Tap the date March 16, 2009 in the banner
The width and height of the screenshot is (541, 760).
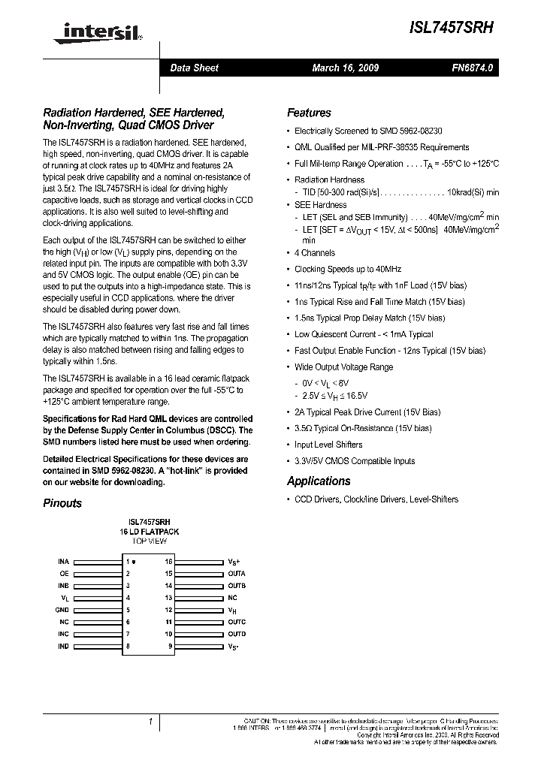pos(345,68)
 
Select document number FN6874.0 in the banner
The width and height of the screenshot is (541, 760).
pos(473,68)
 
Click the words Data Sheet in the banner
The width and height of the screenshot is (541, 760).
pos(194,68)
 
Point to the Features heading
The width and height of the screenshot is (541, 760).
pos(309,113)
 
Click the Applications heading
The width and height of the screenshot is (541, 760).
pos(319,481)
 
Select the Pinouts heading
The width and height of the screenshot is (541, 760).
pos(62,503)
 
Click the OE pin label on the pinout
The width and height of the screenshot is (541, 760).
pos(65,574)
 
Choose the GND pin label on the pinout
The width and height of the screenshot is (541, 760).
pos(63,610)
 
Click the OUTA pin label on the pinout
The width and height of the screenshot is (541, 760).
pos(237,574)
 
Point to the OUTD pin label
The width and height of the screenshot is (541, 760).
pos(237,634)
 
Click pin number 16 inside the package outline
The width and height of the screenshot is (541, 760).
pos(169,562)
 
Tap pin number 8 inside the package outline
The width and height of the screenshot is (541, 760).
pos(128,646)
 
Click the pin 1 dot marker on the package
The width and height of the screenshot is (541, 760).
pos(134,562)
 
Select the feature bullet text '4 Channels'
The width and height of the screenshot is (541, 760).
pos(315,253)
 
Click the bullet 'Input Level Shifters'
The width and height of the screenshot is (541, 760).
pos(328,445)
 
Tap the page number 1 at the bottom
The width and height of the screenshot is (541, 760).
pos(150,722)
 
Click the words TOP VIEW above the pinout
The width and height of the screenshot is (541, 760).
pos(149,541)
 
